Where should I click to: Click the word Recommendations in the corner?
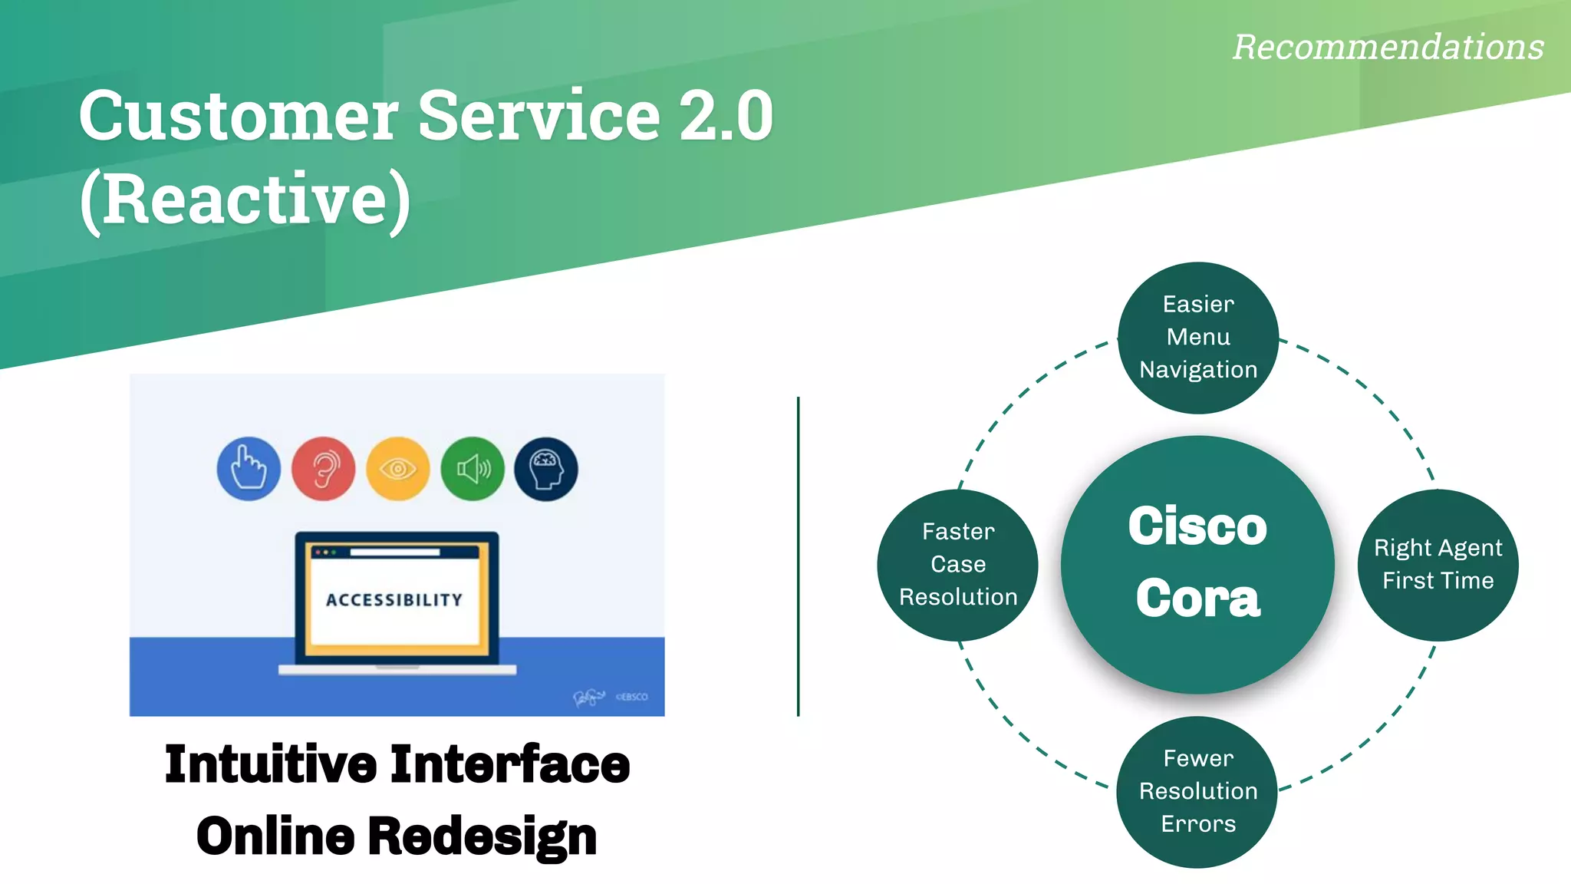pyautogui.click(x=1388, y=48)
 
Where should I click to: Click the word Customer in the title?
pyautogui.click(x=238, y=117)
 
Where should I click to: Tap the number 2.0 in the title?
pyautogui.click(x=726, y=117)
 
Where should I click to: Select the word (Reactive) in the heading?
pyautogui.click(x=245, y=200)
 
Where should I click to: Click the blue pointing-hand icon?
pyautogui.click(x=249, y=469)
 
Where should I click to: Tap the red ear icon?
pyautogui.click(x=323, y=469)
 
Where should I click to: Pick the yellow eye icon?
pyautogui.click(x=397, y=469)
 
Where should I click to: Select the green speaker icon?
pyautogui.click(x=473, y=469)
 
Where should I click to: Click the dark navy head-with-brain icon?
pyautogui.click(x=546, y=469)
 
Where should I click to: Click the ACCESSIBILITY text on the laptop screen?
pyautogui.click(x=395, y=600)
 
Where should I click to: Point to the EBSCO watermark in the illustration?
pyautogui.click(x=632, y=697)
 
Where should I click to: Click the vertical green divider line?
pyautogui.click(x=798, y=556)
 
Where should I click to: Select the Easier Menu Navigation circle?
pyautogui.click(x=1198, y=338)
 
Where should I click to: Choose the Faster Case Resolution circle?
pyautogui.click(x=958, y=565)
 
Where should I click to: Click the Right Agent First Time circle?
pyautogui.click(x=1438, y=565)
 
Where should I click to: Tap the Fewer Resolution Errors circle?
pyautogui.click(x=1197, y=792)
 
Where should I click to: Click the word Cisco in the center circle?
pyautogui.click(x=1197, y=527)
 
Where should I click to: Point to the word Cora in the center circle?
pyautogui.click(x=1197, y=599)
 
